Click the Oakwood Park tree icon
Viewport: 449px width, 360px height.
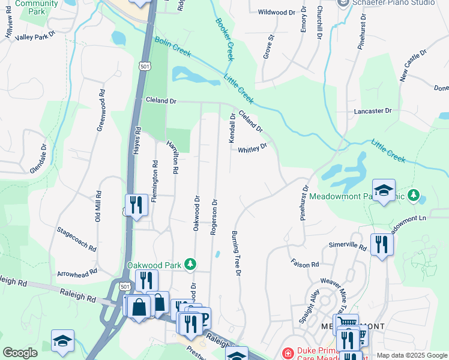click(190, 264)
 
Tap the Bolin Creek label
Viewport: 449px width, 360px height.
click(173, 47)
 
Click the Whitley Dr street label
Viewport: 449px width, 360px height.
click(252, 149)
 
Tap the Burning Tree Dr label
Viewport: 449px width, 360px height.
click(236, 253)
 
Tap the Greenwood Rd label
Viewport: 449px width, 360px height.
click(100, 112)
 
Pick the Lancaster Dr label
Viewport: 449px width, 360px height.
click(372, 111)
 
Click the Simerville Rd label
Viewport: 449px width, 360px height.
click(347, 246)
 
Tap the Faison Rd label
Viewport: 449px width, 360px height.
click(304, 263)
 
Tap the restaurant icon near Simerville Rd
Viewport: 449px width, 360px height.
click(382, 244)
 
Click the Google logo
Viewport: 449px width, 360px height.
click(20, 353)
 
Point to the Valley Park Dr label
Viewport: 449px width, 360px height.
click(35, 37)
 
